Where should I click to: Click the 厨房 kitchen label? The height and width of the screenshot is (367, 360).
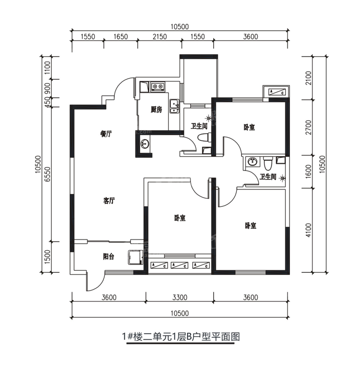pyautogui.click(x=156, y=110)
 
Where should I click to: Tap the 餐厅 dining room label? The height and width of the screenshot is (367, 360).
pyautogui.click(x=106, y=134)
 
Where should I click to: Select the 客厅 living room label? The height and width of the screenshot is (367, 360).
pyautogui.click(x=109, y=201)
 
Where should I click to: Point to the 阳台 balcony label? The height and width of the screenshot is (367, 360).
pyautogui.click(x=109, y=256)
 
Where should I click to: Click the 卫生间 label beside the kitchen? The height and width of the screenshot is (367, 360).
pyautogui.click(x=199, y=126)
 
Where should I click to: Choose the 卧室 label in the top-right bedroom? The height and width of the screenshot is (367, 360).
pyautogui.click(x=249, y=127)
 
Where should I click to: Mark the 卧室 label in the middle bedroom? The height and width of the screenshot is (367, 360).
pyautogui.click(x=180, y=218)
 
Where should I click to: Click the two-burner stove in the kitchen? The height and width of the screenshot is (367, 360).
pyautogui.click(x=157, y=87)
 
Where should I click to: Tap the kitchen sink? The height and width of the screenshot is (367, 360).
pyautogui.click(x=174, y=106)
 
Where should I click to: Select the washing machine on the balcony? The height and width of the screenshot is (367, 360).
pyautogui.click(x=136, y=257)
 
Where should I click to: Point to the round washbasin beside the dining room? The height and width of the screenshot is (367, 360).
pyautogui.click(x=145, y=143)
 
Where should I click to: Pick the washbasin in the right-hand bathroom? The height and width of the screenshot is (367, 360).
pyautogui.click(x=252, y=161)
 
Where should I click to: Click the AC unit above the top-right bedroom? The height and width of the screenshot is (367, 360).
pyautogui.click(x=277, y=92)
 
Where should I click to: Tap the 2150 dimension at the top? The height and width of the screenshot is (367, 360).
pyautogui.click(x=160, y=37)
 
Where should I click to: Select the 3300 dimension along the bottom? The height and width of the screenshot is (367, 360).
pyautogui.click(x=180, y=297)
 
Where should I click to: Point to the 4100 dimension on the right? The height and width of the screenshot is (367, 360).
pyautogui.click(x=308, y=230)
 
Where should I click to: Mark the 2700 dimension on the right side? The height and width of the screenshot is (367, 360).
pyautogui.click(x=308, y=127)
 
